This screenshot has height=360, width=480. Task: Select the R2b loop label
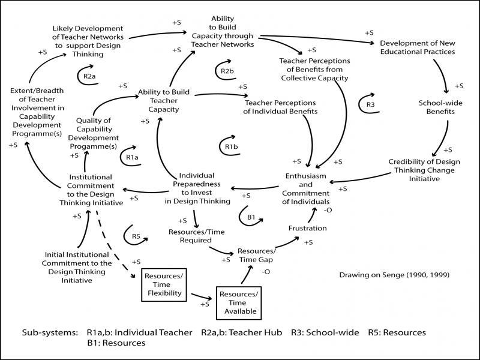(x=227, y=71)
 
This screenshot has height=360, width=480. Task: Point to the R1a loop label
(x=132, y=157)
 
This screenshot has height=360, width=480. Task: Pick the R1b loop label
(x=231, y=146)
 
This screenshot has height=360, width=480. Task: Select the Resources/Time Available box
(x=238, y=302)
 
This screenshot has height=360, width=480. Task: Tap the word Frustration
(x=307, y=228)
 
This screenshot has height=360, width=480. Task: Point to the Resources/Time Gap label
(x=257, y=254)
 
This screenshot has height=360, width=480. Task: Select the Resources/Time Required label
(x=190, y=235)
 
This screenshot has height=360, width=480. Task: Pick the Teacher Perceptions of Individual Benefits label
(x=281, y=107)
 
